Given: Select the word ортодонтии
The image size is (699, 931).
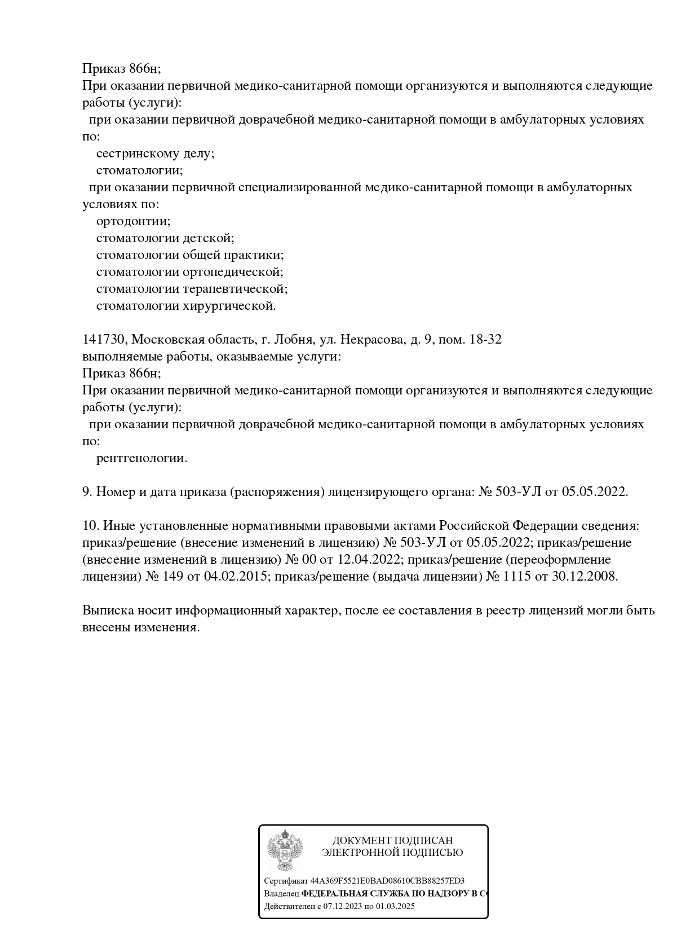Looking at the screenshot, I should tap(133, 221).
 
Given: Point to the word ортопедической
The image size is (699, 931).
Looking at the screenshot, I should tap(233, 272).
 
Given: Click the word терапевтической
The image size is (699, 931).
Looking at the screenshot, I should tap(235, 289).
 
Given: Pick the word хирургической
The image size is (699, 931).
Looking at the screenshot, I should tap(229, 306).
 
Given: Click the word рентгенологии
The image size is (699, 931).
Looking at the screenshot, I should tap(141, 458).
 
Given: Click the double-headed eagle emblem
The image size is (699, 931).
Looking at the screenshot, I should tap(285, 850).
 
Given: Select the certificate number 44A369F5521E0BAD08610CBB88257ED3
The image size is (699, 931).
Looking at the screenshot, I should tap(387, 881).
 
